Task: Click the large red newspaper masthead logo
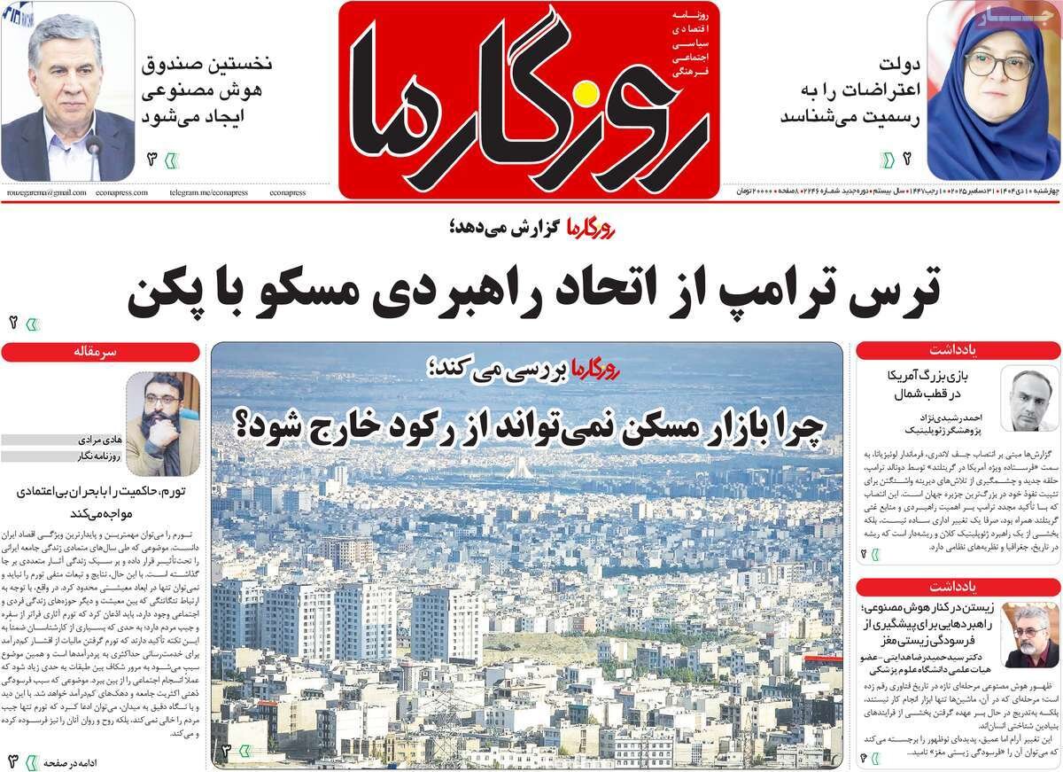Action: pyautogui.click(x=528, y=97)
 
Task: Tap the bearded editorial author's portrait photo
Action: pyautogui.click(x=162, y=413)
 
